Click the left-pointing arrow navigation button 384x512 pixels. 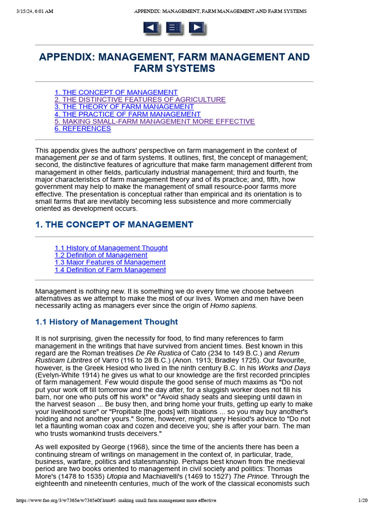pyautogui.click(x=151, y=27)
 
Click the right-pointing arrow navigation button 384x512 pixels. pyautogui.click(x=196, y=27)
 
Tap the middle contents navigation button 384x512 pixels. pyautogui.click(x=174, y=27)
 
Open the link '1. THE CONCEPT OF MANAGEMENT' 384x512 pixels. pyautogui.click(x=116, y=92)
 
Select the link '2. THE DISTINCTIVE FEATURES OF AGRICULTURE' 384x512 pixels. pyautogui.click(x=140, y=99)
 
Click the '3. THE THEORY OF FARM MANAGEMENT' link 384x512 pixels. pyautogui.click(x=124, y=106)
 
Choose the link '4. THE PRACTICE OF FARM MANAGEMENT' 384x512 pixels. pyautogui.click(x=127, y=114)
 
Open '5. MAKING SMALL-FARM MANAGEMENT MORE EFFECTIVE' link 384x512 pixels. pyautogui.click(x=154, y=121)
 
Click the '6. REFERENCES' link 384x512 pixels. pyautogui.click(x=82, y=128)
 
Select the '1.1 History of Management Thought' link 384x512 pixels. pyautogui.click(x=111, y=248)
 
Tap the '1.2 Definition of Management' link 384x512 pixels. pyautogui.click(x=101, y=255)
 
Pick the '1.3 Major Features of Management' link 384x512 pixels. pyautogui.click(x=110, y=262)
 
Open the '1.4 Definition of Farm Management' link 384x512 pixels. pyautogui.click(x=110, y=270)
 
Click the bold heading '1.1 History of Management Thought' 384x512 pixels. pyautogui.click(x=106, y=322)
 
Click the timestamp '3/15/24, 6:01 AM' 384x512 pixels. pyautogui.click(x=34, y=11)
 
